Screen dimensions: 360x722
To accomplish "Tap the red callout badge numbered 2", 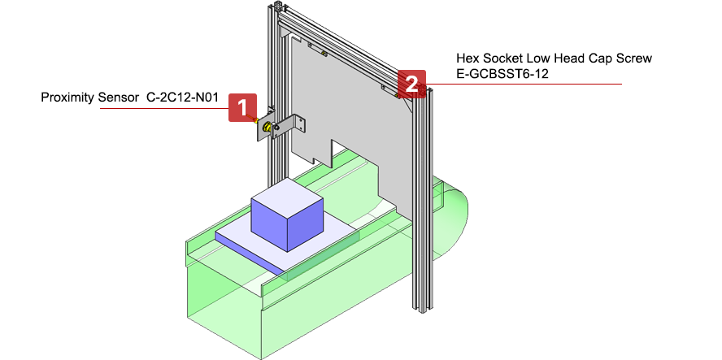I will pos(411,83).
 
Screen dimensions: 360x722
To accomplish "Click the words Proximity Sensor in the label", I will pos(89,98).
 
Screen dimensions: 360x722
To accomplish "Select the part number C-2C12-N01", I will pos(183,98).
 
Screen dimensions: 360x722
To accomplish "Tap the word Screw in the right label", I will pos(635,59).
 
